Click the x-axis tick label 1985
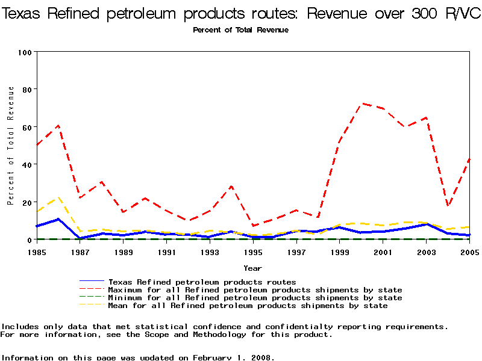tap(37, 253)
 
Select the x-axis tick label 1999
tap(340, 253)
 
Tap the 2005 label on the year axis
tap(469, 253)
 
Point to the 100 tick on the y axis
tap(24, 52)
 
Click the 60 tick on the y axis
tap(26, 127)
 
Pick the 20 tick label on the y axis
tap(26, 202)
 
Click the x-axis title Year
tap(252, 268)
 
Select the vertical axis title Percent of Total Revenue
tap(11, 146)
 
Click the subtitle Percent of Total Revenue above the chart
tap(240, 30)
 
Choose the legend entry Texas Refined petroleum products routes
tap(202, 282)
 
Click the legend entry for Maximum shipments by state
tap(255, 290)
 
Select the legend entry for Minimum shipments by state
tap(255, 298)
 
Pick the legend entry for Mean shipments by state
tap(248, 306)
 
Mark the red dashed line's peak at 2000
tap(361, 103)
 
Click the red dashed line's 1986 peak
tap(58, 126)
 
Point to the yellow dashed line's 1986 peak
tap(58, 197)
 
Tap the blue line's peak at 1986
tap(58, 219)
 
